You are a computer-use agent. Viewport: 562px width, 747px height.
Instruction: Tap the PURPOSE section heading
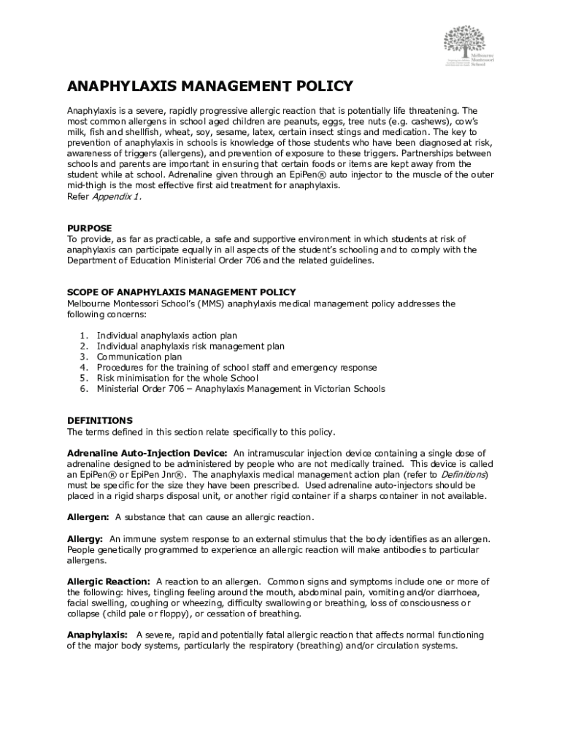pos(90,228)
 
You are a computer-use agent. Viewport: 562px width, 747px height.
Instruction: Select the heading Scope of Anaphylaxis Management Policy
pos(182,293)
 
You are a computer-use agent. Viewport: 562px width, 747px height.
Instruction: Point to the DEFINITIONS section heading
pos(100,420)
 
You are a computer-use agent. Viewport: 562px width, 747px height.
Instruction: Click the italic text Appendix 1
pos(115,197)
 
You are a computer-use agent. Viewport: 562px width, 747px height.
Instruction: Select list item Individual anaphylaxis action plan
pos(167,336)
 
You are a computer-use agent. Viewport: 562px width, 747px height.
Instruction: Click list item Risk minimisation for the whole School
pos(177,378)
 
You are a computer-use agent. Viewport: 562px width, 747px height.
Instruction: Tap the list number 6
pos(84,389)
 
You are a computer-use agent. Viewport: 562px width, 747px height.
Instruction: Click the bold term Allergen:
pos(88,517)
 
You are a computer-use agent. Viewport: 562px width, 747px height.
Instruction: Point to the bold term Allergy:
pos(85,538)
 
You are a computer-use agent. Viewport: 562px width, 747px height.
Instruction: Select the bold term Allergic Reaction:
pos(109,581)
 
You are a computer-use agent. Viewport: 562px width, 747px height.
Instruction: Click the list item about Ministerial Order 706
pos(241,389)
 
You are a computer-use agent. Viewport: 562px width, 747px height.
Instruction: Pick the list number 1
pos(84,336)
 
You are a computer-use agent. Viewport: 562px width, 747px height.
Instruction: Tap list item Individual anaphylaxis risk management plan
pos(190,347)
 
